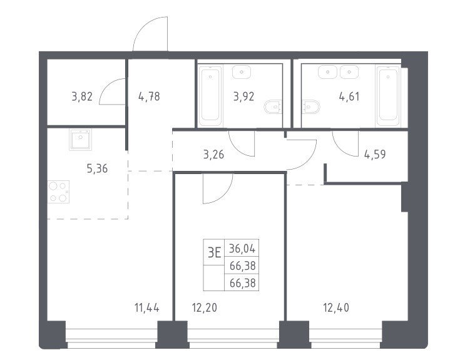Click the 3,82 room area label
[x=82, y=96]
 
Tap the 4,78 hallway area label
[x=149, y=96]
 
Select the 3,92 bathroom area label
[x=243, y=96]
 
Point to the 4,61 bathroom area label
[x=349, y=96]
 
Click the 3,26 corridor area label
[x=213, y=155]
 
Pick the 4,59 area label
[x=375, y=155]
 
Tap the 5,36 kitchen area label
[x=97, y=168]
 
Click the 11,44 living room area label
[x=147, y=307]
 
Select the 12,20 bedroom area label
[x=205, y=307]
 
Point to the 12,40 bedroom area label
[x=336, y=307]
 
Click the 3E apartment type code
[x=215, y=252]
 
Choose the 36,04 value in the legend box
[x=242, y=249]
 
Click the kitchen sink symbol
[x=80, y=140]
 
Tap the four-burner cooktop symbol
[x=59, y=192]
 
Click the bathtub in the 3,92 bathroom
[x=210, y=96]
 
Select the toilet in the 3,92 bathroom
[x=273, y=107]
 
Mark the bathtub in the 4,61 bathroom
[x=388, y=96]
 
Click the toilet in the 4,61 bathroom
[x=311, y=107]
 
